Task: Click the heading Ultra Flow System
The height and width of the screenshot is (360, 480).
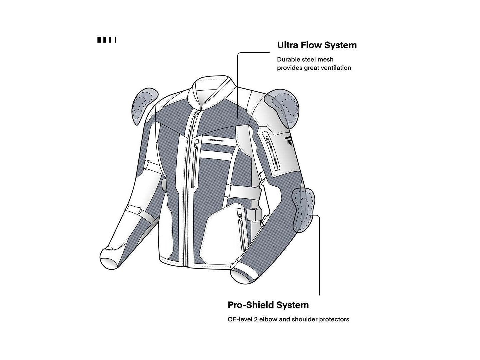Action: point(317,45)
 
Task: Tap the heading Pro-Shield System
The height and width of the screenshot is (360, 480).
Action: point(268,305)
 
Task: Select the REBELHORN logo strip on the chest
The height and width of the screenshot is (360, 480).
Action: point(216,140)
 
